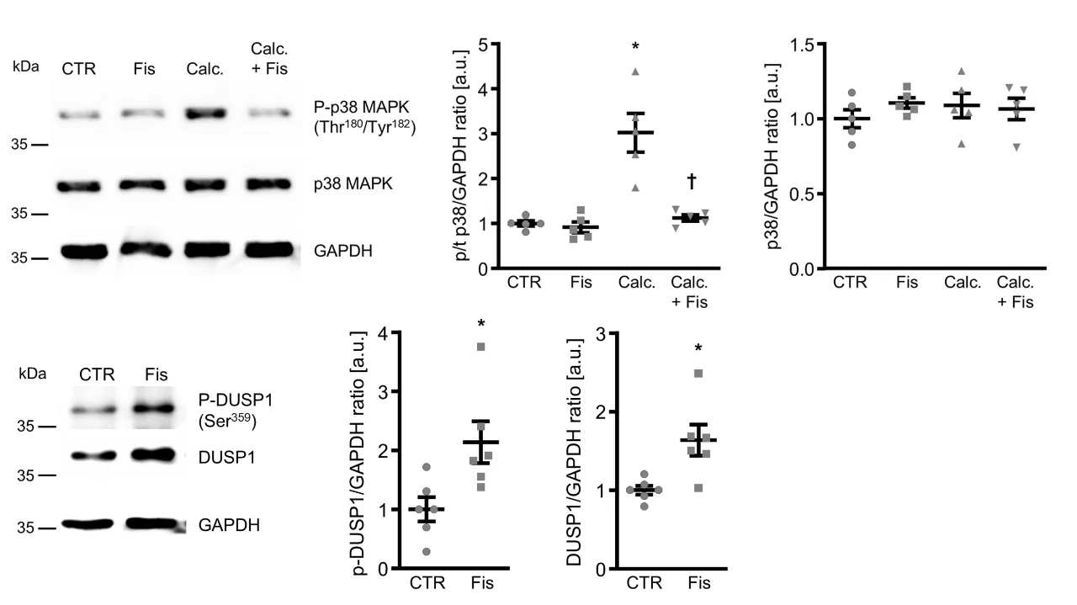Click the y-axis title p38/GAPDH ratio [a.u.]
772,157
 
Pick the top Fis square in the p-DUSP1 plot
481,347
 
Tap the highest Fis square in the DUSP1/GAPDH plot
698,374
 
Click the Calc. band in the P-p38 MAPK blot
206,112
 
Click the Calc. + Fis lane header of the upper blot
269,59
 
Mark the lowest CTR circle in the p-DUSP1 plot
428,551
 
